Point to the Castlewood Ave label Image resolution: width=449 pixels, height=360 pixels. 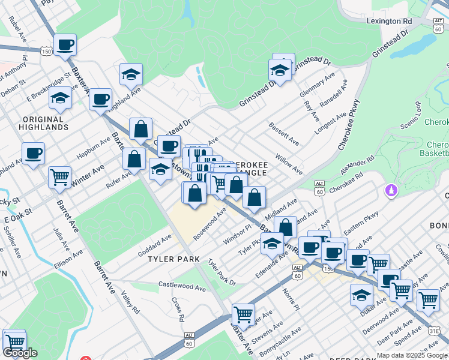[x=182, y=286]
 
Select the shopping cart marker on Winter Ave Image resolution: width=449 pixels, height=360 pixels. [x=59, y=176]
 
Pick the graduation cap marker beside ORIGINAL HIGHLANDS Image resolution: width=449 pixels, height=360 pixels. [x=60, y=98]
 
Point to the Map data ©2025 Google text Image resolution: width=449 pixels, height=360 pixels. [x=412, y=355]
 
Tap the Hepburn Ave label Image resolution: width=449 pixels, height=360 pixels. [x=94, y=151]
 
